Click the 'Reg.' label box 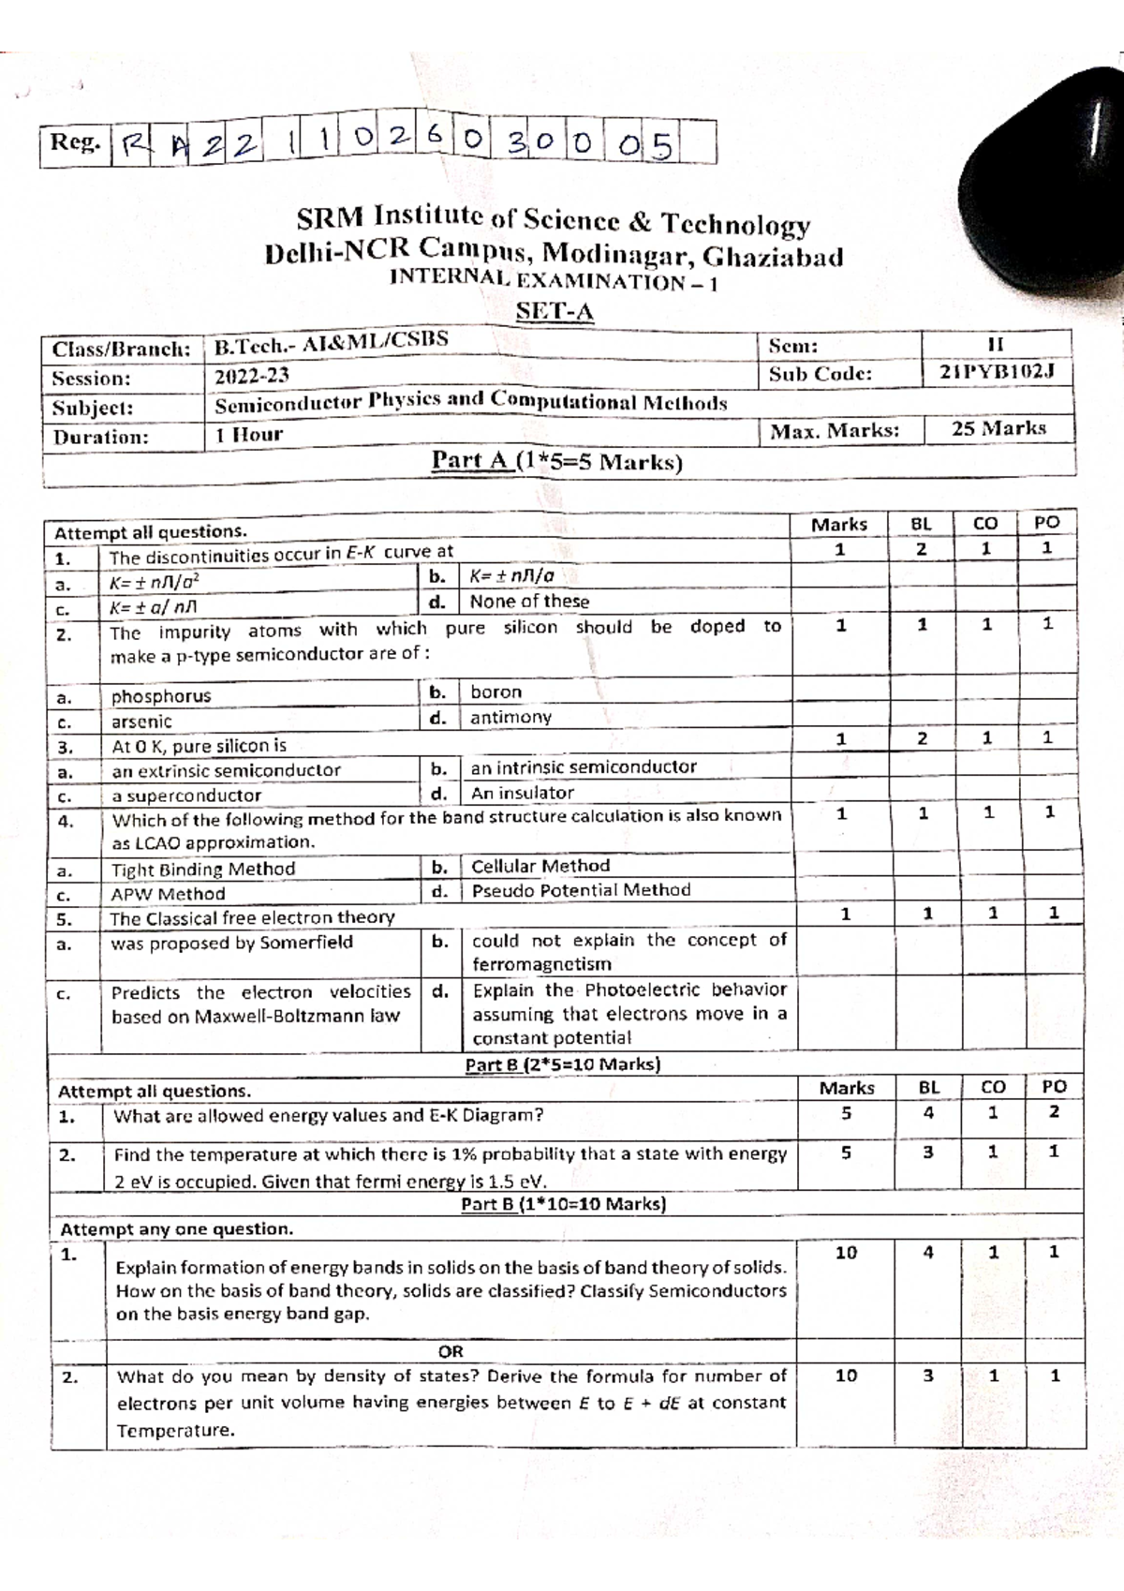[75, 143]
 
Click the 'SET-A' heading [556, 312]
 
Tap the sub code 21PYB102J [998, 372]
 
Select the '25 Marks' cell [998, 429]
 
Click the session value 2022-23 [252, 377]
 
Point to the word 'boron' [496, 692]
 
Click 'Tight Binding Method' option [203, 870]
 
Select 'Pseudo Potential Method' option [581, 890]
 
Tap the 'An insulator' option [523, 793]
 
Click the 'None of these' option [529, 602]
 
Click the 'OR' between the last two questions [451, 1351]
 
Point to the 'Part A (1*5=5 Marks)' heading [556, 461]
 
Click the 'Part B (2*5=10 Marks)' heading [562, 1064]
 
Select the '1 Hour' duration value [248, 435]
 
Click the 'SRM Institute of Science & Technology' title [553, 221]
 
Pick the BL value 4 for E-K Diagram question [928, 1113]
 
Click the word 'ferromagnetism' [541, 964]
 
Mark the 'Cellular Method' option [540, 866]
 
